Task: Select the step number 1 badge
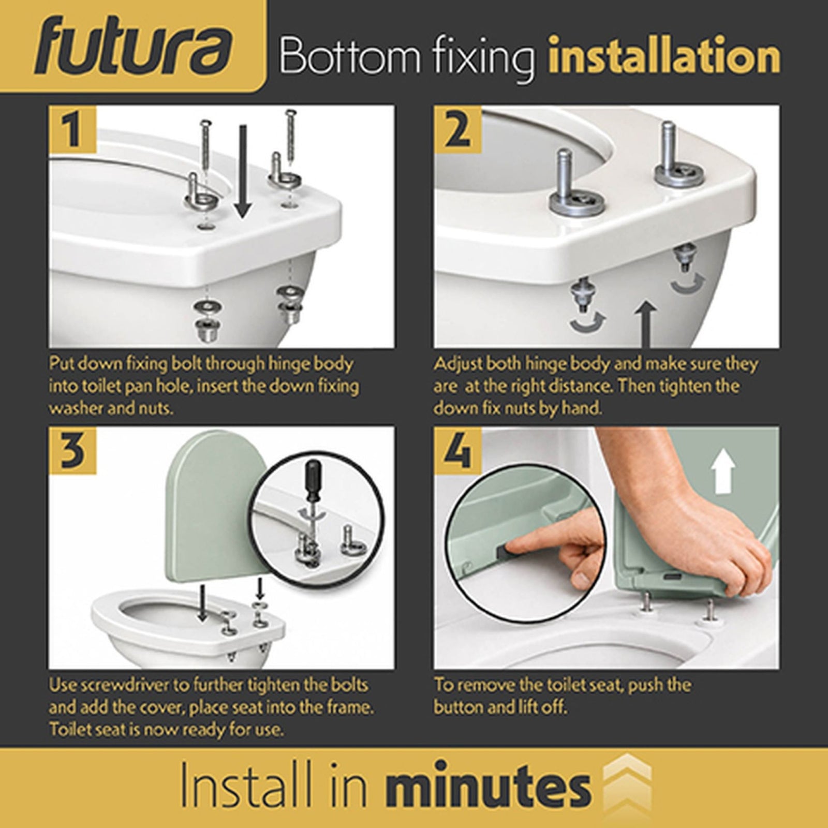(x=72, y=129)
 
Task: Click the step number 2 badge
(x=457, y=129)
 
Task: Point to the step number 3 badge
(x=72, y=450)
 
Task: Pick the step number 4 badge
(x=457, y=450)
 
